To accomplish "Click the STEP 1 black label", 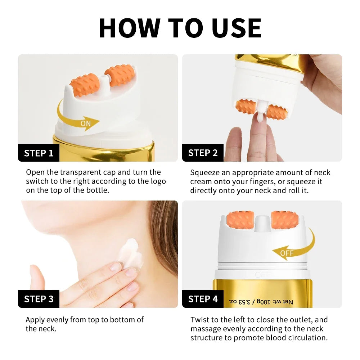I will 39,153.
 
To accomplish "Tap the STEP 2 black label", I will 203,153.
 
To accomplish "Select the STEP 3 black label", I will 39,299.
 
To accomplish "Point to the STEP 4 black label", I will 203,299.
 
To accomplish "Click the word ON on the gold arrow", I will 86,123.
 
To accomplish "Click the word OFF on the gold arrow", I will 287,253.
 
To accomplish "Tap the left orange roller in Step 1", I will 85,85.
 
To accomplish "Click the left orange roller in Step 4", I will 240,220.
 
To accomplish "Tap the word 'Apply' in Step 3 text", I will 35,320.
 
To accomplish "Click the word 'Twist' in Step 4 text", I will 200,320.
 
